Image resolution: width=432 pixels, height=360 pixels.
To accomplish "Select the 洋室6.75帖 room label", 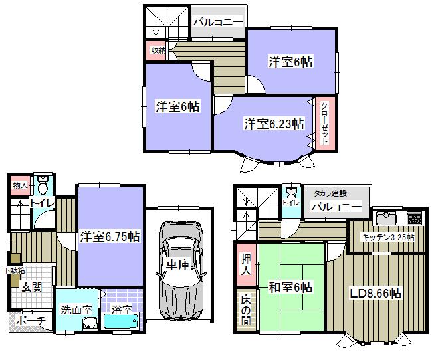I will (x=110, y=236).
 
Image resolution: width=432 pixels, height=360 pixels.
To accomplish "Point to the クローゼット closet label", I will (x=324, y=124).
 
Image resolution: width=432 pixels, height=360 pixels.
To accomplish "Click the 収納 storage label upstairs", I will (x=157, y=50).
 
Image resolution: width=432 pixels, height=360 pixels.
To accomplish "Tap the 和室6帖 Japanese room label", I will (x=290, y=288).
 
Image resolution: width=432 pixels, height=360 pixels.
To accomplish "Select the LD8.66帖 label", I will (x=376, y=293).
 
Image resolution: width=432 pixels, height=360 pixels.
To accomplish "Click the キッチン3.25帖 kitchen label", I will (x=388, y=237).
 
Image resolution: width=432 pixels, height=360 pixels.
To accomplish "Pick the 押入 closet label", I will (x=245, y=265).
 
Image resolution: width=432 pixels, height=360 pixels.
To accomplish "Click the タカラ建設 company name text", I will (x=331, y=193).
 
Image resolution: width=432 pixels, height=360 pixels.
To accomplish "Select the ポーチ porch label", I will (x=29, y=321).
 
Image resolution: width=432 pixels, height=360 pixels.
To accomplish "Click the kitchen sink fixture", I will (x=385, y=219).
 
